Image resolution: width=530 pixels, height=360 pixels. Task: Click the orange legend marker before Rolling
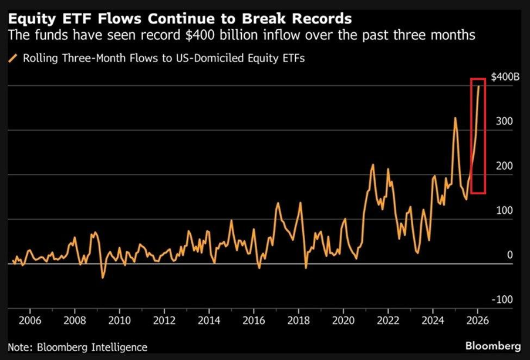(13, 58)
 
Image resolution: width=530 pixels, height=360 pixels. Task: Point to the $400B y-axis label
(505, 78)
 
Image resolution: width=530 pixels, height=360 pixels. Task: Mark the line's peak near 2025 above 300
(455, 118)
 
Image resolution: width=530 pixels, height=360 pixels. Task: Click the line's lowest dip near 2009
(103, 277)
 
